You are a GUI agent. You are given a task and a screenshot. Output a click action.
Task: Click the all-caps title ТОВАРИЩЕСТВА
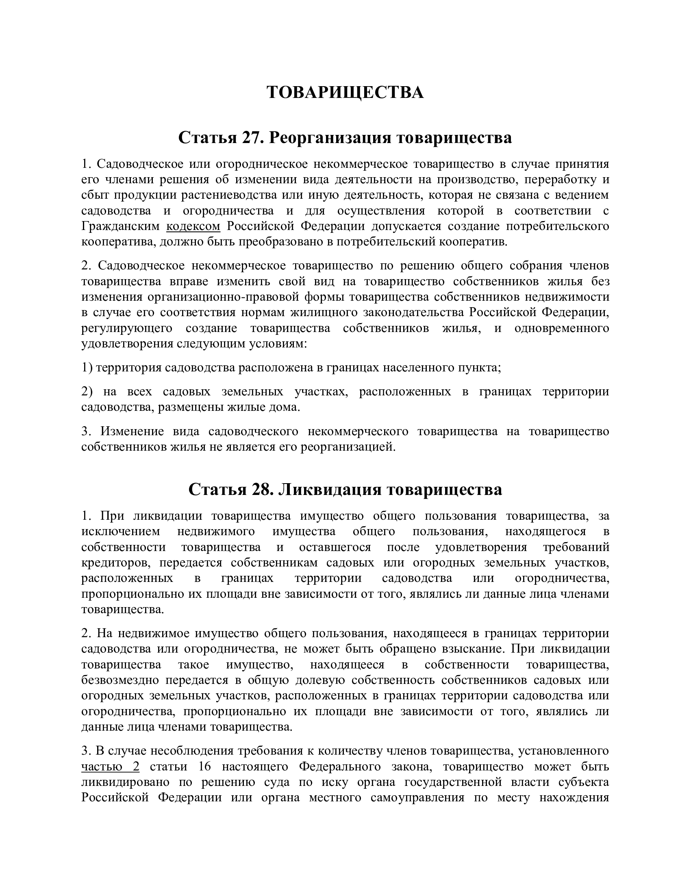click(345, 93)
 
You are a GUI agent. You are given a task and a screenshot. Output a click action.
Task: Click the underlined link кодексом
click(193, 226)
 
